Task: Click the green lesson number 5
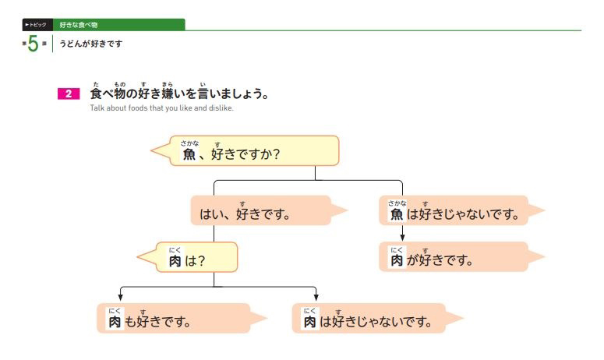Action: pyautogui.click(x=33, y=44)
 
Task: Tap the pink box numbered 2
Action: pyautogui.click(x=68, y=94)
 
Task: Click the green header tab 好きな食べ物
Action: pyautogui.click(x=76, y=25)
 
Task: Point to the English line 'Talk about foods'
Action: pyautogui.click(x=161, y=108)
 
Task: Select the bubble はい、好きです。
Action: pyautogui.click(x=261, y=210)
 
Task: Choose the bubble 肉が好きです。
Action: pyautogui.click(x=452, y=257)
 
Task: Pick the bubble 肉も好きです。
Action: pyautogui.click(x=175, y=319)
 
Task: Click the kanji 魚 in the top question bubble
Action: pyautogui.click(x=189, y=155)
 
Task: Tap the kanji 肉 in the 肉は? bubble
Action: pyautogui.click(x=175, y=261)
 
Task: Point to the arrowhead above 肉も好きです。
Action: pyautogui.click(x=120, y=297)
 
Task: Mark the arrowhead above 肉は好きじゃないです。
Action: pyautogui.click(x=316, y=297)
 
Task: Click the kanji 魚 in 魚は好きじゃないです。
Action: pyautogui.click(x=397, y=214)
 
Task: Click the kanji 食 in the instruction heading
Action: pyautogui.click(x=96, y=94)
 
